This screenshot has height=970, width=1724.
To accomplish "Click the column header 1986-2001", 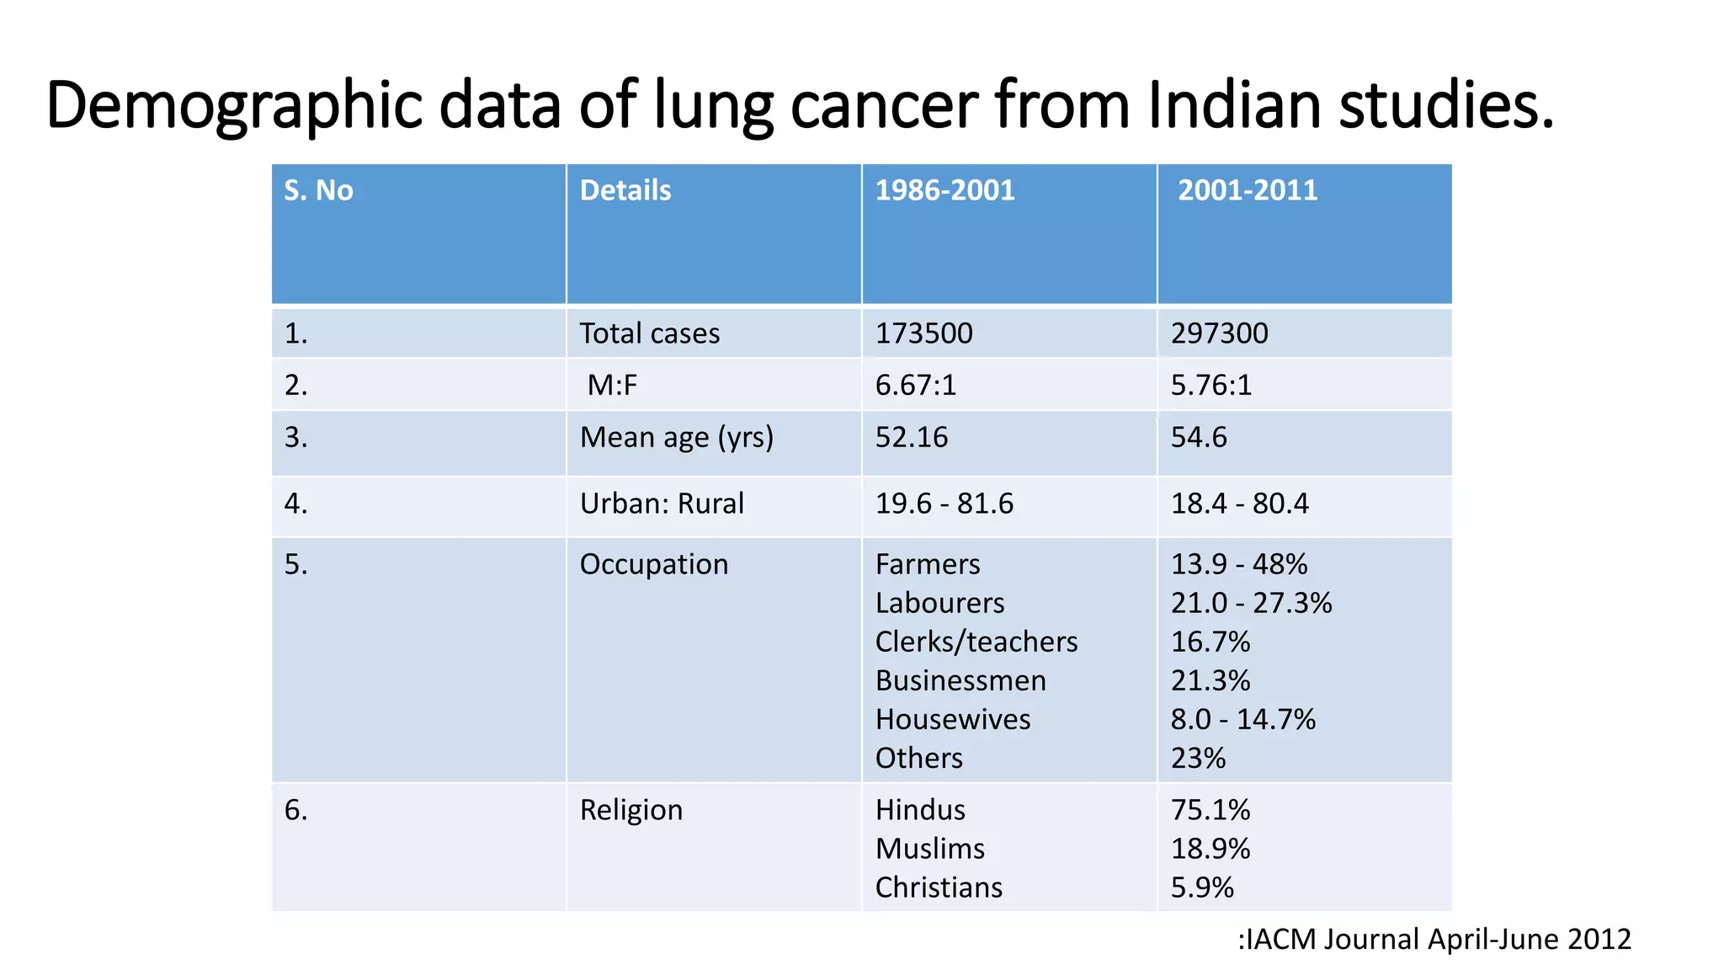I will [944, 190].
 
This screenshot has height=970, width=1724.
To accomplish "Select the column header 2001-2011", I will [1247, 190].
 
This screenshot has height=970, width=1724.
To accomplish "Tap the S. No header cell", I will [318, 190].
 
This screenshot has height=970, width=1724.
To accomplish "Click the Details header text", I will [625, 190].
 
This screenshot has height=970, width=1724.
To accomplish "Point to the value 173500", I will [923, 333].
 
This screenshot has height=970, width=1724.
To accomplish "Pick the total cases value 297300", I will [1219, 333].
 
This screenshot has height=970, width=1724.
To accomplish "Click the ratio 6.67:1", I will [916, 386].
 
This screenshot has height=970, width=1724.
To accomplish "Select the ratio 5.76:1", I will [1211, 386].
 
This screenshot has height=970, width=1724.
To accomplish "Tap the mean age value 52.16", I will [912, 438].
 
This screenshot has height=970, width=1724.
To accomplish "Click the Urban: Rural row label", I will [662, 504].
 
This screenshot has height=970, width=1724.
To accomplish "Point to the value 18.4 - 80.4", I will [1239, 504].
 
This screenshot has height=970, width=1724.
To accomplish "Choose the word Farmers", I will [928, 564].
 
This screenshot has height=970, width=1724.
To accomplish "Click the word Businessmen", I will [960, 680].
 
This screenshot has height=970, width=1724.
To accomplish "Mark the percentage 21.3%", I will [1211, 680].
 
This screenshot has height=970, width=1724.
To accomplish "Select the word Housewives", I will [953, 719].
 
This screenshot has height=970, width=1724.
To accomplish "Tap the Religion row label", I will [631, 810].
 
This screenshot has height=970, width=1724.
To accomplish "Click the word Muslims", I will [930, 849].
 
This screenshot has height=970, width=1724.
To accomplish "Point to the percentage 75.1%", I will [1211, 810].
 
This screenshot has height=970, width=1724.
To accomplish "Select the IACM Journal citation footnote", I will [1434, 939].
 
